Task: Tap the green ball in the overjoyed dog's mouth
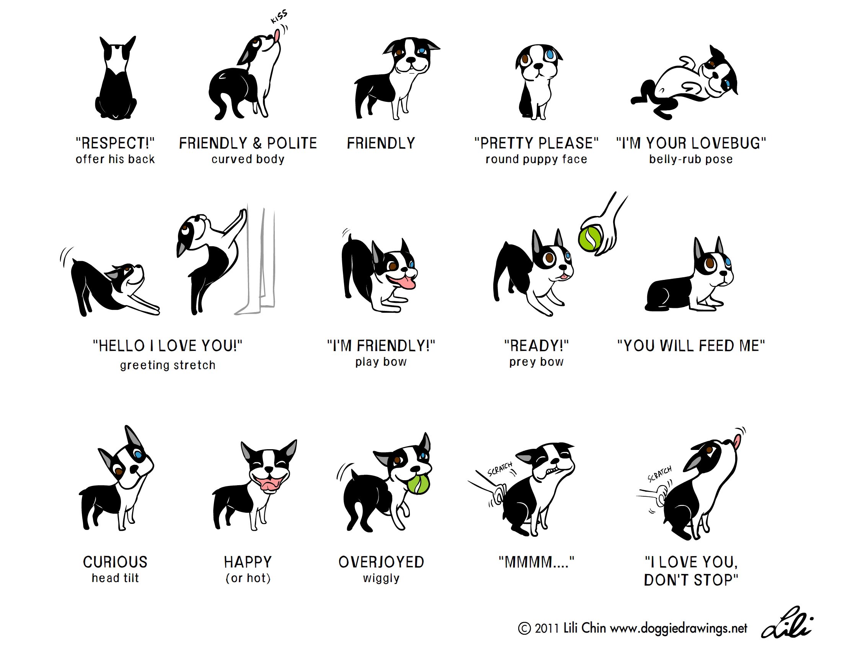coord(419,485)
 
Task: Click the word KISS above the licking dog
coord(279,17)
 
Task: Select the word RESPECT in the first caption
coord(115,143)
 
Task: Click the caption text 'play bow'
coord(381,362)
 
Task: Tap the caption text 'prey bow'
coord(536,362)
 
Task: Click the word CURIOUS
coord(115,562)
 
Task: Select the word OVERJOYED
coord(381,562)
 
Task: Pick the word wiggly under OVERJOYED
coord(381,579)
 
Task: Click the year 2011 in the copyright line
coord(547,629)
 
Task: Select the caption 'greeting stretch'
coord(168,365)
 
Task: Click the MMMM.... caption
coord(536,562)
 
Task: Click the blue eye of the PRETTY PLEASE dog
coord(550,55)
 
